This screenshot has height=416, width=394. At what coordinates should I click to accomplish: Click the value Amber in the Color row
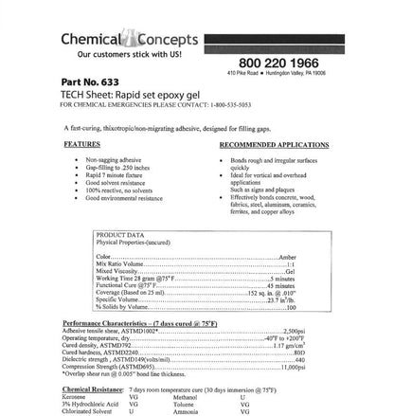287,256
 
